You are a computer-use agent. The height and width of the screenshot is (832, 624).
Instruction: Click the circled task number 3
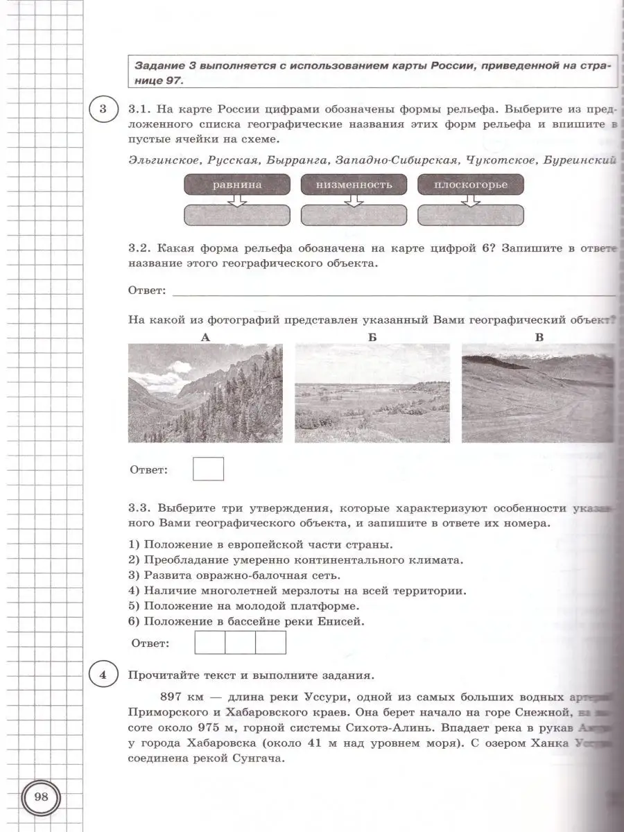point(103,110)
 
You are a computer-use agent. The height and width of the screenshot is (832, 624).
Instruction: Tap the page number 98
point(41,796)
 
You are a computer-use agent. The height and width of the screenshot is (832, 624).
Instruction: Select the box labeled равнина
point(237,184)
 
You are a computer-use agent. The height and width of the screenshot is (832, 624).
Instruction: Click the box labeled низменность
point(354,184)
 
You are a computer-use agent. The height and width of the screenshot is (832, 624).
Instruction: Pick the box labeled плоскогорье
point(471,184)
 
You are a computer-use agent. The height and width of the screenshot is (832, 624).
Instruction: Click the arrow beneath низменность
point(354,200)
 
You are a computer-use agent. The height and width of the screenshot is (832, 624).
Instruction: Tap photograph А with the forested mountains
point(205,393)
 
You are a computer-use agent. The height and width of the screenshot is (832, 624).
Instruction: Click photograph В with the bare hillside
point(538,393)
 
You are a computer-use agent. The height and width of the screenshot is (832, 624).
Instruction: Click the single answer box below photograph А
point(208,469)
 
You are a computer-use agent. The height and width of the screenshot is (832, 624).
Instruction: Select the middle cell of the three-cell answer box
point(241,642)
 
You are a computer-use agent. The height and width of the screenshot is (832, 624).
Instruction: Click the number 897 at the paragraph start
point(172,697)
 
